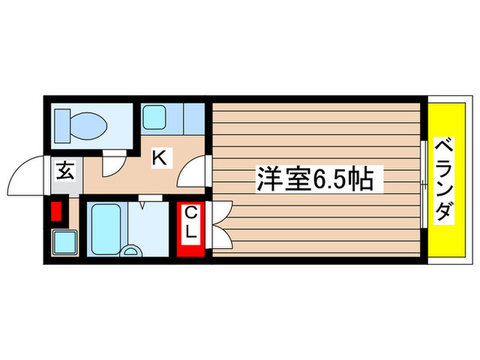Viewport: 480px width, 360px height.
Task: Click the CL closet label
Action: pyautogui.click(x=191, y=224)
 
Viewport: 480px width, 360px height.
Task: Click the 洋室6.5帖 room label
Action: pyautogui.click(x=315, y=180)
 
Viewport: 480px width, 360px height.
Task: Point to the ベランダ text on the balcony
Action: pyautogui.click(x=446, y=180)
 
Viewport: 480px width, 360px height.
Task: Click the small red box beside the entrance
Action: pyautogui.click(x=56, y=211)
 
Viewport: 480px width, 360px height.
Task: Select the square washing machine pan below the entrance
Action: pyautogui.click(x=64, y=242)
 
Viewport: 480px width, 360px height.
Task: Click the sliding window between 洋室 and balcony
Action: pyautogui.click(x=423, y=180)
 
